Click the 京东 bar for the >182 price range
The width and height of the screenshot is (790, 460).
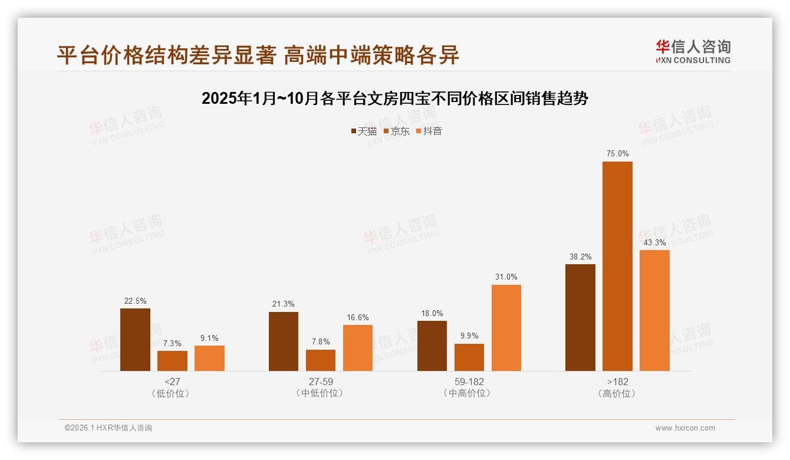[617, 266]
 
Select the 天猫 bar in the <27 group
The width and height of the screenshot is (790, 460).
[135, 340]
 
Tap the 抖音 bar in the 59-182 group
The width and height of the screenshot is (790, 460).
[506, 328]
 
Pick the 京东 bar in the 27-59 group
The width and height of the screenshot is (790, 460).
[321, 360]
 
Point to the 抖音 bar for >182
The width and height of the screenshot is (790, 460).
[654, 310]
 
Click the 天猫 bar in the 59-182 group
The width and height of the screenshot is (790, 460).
[432, 346]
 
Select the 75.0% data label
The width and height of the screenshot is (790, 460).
[617, 154]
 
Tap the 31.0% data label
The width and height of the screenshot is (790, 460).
[506, 277]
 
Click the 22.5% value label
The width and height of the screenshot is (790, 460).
[135, 301]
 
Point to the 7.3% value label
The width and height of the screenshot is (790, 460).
[172, 343]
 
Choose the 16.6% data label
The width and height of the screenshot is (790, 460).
[358, 317]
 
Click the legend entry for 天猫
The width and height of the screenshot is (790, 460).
[364, 132]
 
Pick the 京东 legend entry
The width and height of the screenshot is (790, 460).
[396, 132]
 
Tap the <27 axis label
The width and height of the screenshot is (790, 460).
[172, 382]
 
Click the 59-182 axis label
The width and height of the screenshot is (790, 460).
[469, 382]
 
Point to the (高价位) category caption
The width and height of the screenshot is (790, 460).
[617, 393]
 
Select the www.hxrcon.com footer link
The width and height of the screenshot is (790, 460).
[685, 428]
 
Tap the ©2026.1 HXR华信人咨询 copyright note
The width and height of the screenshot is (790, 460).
[108, 428]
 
